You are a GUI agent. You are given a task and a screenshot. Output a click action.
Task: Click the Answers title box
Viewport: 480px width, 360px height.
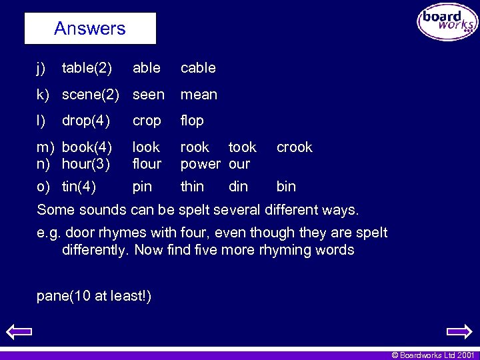tap(90, 29)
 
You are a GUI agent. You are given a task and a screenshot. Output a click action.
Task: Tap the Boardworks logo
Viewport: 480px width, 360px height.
tap(447, 23)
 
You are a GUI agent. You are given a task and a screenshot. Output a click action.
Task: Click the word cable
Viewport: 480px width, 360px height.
tap(198, 68)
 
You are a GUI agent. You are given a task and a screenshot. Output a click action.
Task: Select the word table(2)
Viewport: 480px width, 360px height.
tap(87, 68)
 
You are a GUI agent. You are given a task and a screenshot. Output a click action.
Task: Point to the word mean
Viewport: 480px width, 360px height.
tap(199, 95)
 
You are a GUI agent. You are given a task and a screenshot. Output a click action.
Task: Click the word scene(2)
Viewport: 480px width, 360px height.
tap(89, 95)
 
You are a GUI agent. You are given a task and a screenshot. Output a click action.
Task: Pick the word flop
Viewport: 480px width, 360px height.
tap(192, 121)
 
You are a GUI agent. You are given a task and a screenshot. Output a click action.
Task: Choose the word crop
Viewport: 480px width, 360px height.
tap(147, 121)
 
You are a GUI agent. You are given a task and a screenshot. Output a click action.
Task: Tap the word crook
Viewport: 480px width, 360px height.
tap(294, 147)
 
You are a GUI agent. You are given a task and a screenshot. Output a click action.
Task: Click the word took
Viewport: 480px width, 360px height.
tap(242, 147)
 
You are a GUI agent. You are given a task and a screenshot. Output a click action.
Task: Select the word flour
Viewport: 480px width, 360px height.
tap(147, 163)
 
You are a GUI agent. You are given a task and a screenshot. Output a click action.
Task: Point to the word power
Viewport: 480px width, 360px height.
tap(200, 164)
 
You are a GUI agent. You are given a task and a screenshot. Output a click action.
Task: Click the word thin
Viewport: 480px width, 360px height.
tap(192, 187)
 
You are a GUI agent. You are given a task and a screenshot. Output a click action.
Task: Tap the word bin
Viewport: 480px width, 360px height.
tap(286, 187)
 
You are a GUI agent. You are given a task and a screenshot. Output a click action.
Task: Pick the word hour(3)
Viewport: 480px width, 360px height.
tap(85, 163)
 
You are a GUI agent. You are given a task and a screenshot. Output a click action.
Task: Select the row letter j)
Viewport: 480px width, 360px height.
tap(41, 68)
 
